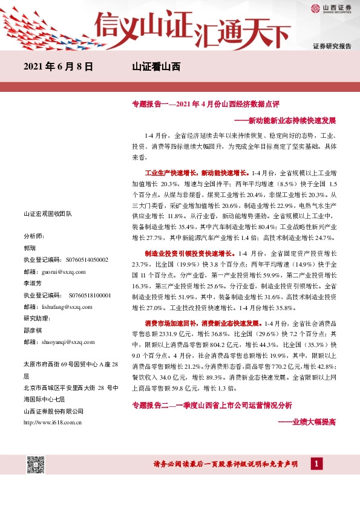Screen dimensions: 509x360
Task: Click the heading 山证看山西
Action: pos(156,67)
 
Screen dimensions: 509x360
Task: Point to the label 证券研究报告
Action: pos(332,46)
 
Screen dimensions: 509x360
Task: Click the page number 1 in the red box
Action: pos(316,464)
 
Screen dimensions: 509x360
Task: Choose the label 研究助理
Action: pos(36,319)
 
